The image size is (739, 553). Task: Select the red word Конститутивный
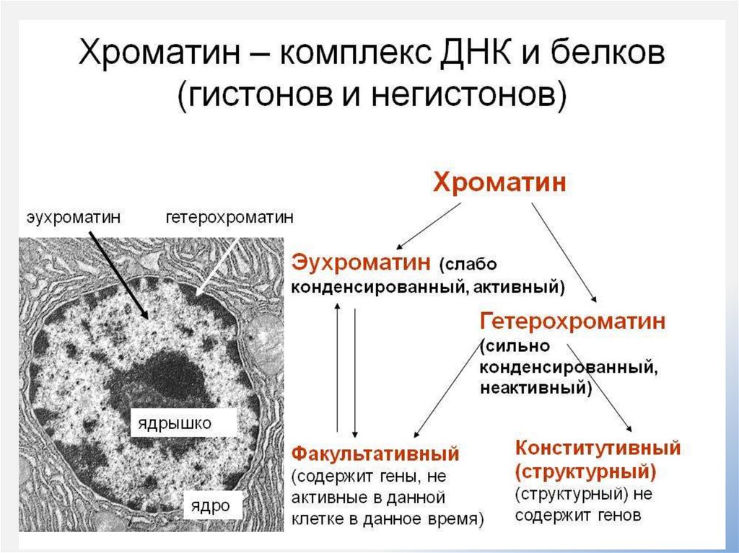[598, 447]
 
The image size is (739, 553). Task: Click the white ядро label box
[210, 505]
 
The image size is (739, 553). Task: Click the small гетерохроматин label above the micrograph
[229, 216]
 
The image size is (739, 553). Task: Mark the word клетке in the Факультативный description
[316, 518]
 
